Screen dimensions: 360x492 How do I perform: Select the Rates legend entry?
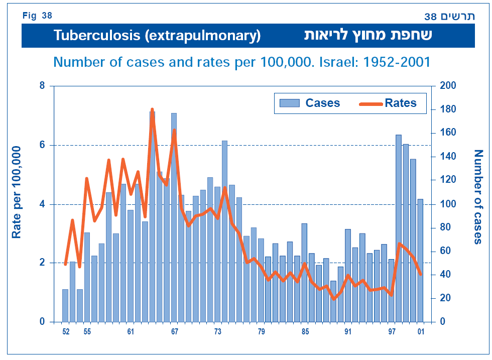pyautogui.click(x=388, y=103)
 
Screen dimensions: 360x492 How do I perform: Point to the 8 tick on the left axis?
pyautogui.click(x=42, y=86)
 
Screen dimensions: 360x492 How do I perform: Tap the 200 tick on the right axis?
pyautogui.click(x=447, y=86)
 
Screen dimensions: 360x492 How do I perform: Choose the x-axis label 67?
pyautogui.click(x=174, y=332)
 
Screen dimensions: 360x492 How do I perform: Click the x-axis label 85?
pyautogui.click(x=304, y=332)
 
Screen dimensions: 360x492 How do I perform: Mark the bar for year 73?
pyautogui.click(x=217, y=254)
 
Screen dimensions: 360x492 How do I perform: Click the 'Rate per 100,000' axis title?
pyautogui.click(x=17, y=192)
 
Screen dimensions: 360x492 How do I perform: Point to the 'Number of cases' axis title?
pyautogui.click(x=477, y=197)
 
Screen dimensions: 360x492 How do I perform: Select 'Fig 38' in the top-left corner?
pyautogui.click(x=37, y=16)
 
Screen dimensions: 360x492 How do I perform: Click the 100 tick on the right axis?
pyautogui.click(x=447, y=204)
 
